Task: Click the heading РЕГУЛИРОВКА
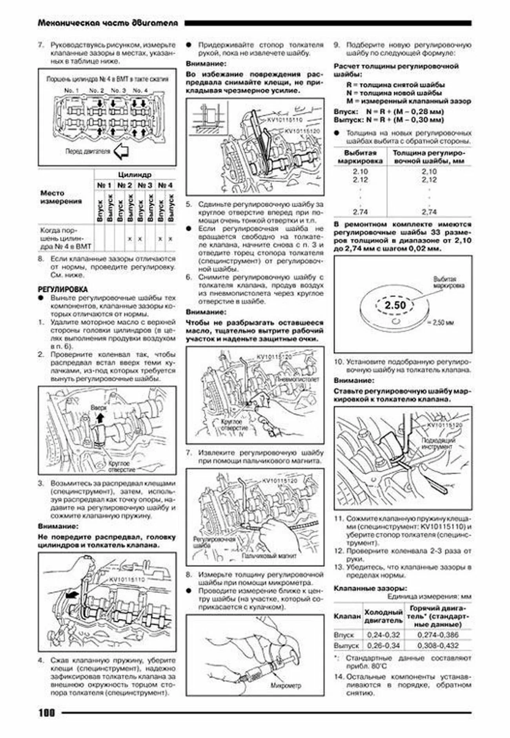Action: coord(62,289)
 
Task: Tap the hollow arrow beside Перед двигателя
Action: coord(121,152)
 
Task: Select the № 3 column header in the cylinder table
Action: coord(145,185)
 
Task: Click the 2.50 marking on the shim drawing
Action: coord(395,305)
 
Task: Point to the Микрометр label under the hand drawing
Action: coord(286,685)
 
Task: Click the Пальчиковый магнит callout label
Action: coord(269,556)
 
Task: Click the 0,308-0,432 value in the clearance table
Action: coord(438,645)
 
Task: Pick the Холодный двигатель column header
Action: coord(383,616)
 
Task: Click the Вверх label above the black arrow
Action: coord(98,407)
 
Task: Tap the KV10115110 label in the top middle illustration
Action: coord(284,120)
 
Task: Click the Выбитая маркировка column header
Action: coord(360,157)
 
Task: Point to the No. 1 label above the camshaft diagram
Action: coord(71,90)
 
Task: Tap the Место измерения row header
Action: coord(61,197)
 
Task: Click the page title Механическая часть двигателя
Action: coord(108,23)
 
